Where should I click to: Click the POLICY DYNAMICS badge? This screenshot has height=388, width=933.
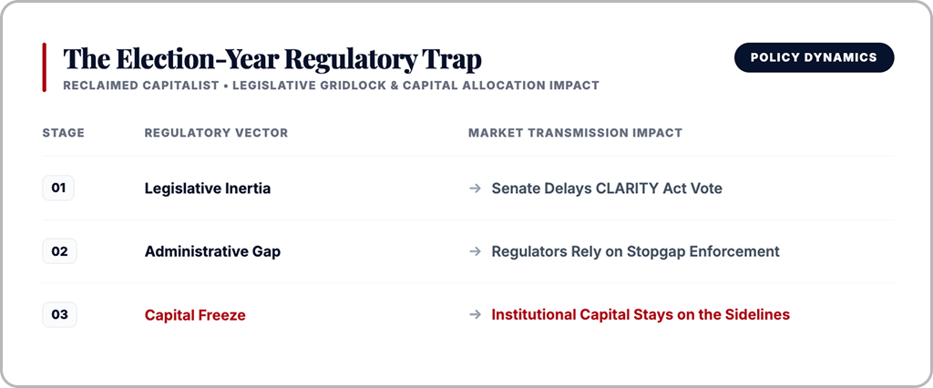tap(814, 57)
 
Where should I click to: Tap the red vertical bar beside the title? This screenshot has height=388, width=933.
tap(44, 67)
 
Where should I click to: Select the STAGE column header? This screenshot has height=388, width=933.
tap(64, 133)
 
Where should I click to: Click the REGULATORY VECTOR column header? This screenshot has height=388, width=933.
tap(216, 133)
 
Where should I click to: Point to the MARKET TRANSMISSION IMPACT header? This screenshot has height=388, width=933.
tap(576, 133)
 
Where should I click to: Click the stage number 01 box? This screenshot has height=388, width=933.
tap(58, 188)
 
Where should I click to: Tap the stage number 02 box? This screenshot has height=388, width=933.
tap(59, 251)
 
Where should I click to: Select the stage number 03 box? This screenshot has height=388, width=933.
tap(59, 315)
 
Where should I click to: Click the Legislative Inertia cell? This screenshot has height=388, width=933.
tap(208, 189)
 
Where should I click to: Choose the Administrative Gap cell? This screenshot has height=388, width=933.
tap(212, 251)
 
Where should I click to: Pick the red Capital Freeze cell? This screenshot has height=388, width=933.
tap(195, 315)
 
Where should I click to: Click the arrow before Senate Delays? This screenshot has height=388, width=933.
tap(475, 189)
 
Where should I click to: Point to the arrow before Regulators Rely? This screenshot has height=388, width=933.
tap(475, 251)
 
